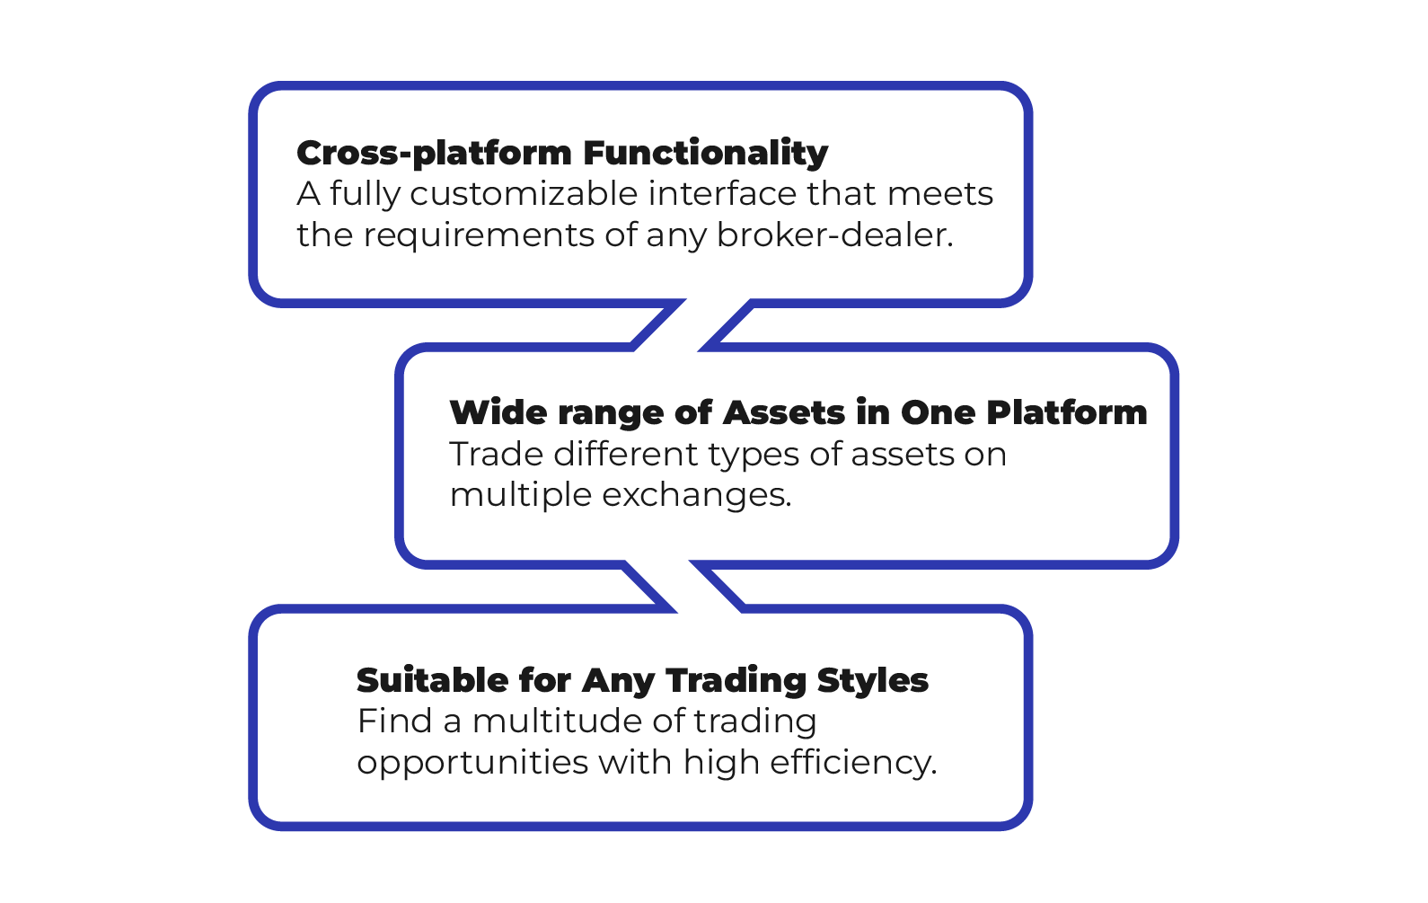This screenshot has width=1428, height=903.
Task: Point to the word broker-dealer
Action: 834,235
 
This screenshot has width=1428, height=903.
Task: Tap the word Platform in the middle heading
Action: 1066,413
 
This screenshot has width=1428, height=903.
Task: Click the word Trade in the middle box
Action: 496,455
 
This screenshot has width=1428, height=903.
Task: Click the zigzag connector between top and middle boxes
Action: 692,325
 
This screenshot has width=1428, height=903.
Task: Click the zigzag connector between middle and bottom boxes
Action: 683,587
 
